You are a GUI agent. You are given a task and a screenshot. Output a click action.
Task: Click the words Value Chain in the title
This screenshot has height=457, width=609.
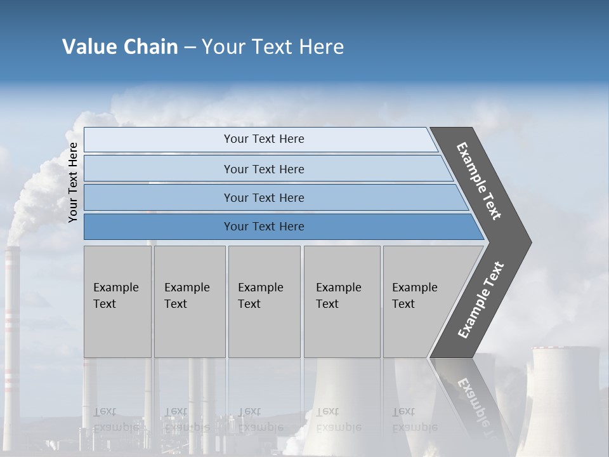coord(120,47)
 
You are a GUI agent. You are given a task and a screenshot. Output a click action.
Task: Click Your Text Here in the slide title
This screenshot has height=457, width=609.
coord(273,47)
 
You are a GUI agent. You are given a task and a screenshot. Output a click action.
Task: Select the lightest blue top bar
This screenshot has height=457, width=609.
coord(263,139)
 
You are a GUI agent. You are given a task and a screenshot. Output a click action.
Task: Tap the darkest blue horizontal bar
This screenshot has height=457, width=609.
coord(263,227)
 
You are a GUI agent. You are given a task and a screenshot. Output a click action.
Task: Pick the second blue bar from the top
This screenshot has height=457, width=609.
coord(263,169)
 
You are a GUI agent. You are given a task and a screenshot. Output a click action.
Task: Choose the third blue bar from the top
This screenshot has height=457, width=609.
coord(263,197)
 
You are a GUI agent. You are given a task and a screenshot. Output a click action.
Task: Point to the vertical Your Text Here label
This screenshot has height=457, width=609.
coord(73,182)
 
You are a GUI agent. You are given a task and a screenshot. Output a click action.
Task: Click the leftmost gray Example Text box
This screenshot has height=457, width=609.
coord(117,301)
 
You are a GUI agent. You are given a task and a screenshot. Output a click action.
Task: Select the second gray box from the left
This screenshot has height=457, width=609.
coord(189,301)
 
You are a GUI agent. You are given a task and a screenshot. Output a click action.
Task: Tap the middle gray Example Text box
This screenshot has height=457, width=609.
coord(264,301)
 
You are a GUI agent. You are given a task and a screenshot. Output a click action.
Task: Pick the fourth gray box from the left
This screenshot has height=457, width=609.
coord(341,301)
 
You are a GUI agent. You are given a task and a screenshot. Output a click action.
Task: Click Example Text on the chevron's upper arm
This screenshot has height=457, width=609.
coord(479,181)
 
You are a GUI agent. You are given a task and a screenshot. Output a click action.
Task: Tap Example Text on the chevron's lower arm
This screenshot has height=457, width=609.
coord(481,300)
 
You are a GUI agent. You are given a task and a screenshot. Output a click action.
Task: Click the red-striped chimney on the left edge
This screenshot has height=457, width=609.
coord(11,330)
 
